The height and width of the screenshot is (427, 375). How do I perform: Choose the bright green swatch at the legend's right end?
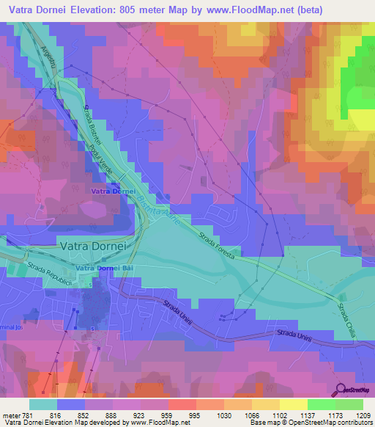point(349,404)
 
